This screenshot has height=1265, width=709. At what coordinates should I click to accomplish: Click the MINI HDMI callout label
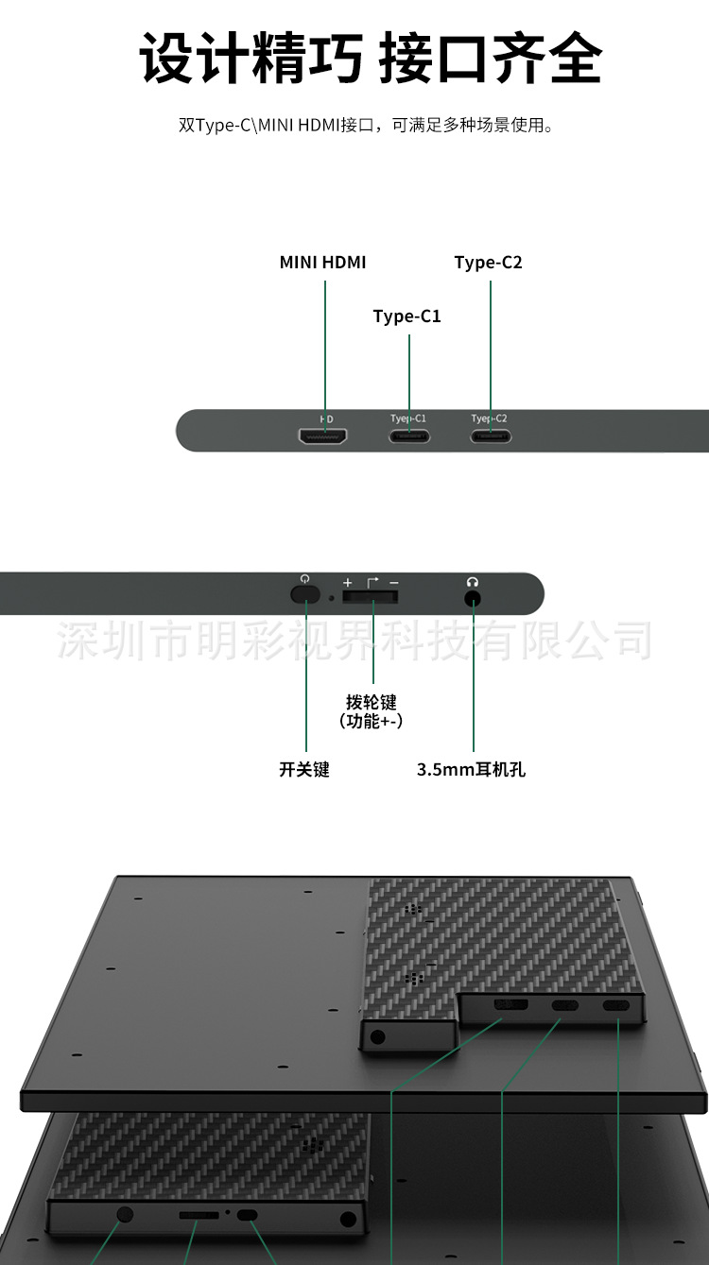(322, 263)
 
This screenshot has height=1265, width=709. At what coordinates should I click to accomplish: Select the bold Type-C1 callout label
(407, 316)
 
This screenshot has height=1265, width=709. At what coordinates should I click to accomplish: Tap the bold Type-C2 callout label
(488, 263)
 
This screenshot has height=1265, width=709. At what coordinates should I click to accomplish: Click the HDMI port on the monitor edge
(323, 436)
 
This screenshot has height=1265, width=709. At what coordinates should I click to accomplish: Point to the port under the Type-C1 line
(409, 436)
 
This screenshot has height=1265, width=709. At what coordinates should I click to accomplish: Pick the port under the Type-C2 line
(490, 436)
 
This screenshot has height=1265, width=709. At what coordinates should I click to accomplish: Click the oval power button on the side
(304, 594)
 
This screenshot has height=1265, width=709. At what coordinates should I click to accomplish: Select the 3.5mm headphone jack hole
(473, 597)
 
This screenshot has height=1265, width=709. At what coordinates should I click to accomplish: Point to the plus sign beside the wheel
(347, 583)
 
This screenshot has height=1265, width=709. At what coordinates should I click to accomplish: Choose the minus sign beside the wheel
(393, 583)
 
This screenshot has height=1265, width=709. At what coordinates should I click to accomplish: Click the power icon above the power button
(304, 579)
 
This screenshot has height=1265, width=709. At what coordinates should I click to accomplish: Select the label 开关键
(304, 770)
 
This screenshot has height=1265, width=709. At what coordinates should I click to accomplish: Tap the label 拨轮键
(372, 702)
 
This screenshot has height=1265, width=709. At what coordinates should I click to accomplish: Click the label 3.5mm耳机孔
(471, 770)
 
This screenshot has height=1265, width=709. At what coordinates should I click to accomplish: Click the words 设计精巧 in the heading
(251, 60)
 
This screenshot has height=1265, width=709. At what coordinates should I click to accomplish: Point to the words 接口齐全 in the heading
(490, 60)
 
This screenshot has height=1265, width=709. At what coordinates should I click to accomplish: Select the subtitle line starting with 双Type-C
(366, 125)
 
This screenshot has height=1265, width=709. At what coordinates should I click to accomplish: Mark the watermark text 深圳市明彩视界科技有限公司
(354, 641)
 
